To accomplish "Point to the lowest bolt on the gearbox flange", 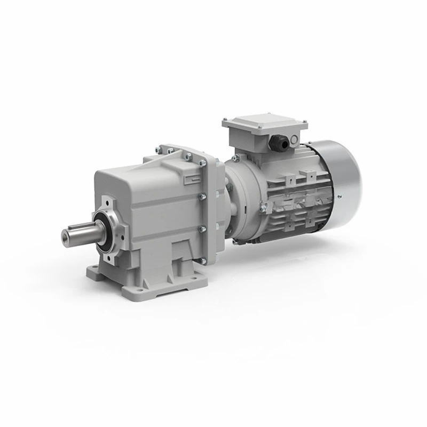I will click(203, 259).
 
